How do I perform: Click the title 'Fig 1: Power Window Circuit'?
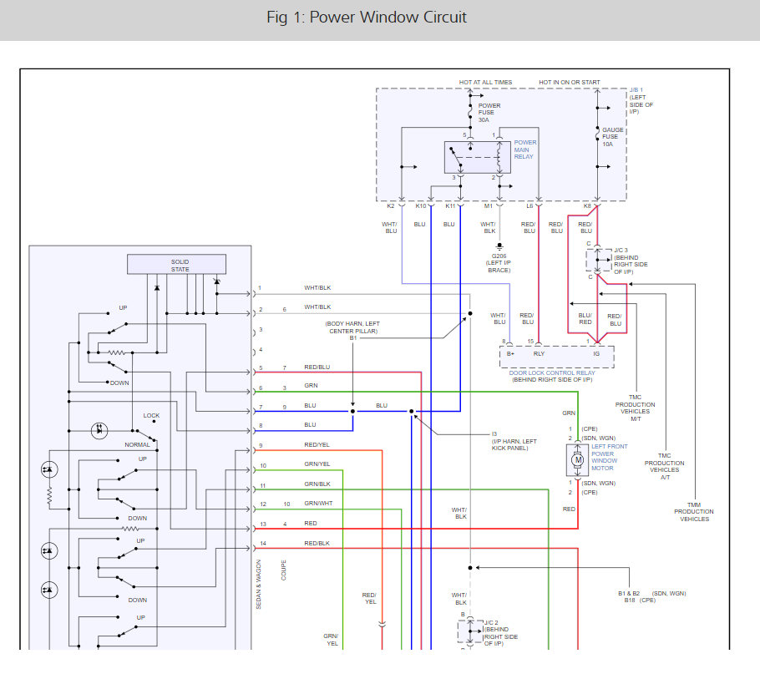[x=367, y=18]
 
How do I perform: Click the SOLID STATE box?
[x=176, y=265]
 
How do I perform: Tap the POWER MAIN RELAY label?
[x=525, y=149]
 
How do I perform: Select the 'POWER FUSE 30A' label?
[x=489, y=113]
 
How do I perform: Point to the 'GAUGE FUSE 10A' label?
[x=613, y=137]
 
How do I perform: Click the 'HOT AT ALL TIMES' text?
[x=485, y=82]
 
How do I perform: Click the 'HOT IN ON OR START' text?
[x=569, y=82]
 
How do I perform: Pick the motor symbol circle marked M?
[x=577, y=459]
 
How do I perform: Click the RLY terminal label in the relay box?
[x=540, y=354]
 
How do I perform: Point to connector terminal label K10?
[x=421, y=205]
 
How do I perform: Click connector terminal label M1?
[x=489, y=205]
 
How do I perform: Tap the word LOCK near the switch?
[x=151, y=415]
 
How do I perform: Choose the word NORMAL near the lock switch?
[x=137, y=444]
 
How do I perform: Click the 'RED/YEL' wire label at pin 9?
[x=317, y=445]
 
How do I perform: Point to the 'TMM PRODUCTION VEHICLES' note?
[x=694, y=511]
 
